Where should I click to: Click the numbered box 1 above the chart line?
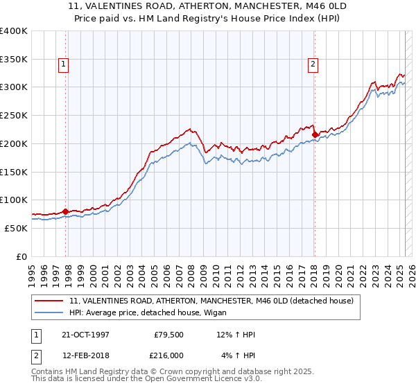63,64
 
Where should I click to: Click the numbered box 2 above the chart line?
313,64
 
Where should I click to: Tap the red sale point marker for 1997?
66,211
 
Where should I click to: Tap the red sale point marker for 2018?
315,134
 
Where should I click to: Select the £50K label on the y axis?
16,228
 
